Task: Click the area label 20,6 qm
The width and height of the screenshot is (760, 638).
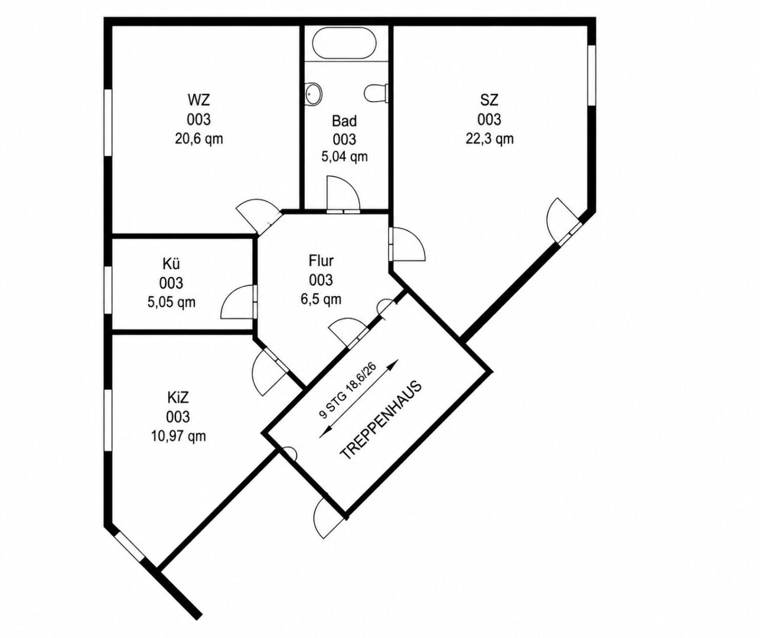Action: pos(199,139)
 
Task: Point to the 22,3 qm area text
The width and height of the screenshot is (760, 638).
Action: pos(490,139)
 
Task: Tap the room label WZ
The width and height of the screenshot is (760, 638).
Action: pos(199,100)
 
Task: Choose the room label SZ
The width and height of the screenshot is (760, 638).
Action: pos(489,100)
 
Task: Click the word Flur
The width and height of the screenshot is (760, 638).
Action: pos(321,261)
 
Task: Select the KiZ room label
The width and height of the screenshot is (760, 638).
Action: pos(178,398)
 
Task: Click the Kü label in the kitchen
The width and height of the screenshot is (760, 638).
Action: pos(171,263)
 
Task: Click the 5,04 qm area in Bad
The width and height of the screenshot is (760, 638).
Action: pos(344,157)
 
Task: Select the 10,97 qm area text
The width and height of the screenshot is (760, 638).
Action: pos(178,436)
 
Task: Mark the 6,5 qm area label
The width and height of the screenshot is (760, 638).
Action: pos(321,300)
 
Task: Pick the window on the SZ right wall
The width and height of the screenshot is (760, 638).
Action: pos(592,76)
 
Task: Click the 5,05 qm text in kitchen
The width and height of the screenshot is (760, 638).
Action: pos(171,302)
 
